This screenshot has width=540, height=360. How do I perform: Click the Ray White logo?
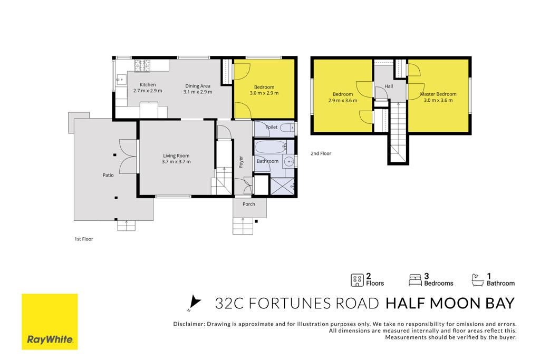pos(50,322)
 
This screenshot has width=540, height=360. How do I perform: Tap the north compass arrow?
pos(195,302)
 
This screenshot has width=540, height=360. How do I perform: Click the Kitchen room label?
pos(148,85)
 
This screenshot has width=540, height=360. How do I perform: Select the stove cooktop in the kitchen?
pos(142,66)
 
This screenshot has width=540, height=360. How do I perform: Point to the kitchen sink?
pos(120,80)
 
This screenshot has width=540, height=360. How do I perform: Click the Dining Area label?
pos(198,86)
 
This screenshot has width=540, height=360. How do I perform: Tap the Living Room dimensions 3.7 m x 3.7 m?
pos(176,161)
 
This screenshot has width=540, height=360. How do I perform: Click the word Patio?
pos(108,175)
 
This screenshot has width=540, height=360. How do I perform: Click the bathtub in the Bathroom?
pos(271,147)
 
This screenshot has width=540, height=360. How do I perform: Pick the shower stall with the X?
pos(283,186)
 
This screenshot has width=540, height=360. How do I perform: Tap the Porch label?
pos(249,204)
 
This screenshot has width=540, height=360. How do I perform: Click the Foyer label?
pos(241,162)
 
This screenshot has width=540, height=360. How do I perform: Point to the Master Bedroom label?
pos(438,94)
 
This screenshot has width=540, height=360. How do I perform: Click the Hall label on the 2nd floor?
pos(389,86)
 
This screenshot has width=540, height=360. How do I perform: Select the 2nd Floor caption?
pos(321,153)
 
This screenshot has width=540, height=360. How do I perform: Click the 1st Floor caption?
pos(84,239)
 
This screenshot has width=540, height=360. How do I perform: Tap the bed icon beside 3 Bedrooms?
pos(415,280)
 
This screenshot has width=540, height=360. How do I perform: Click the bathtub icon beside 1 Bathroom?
pos(478,280)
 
